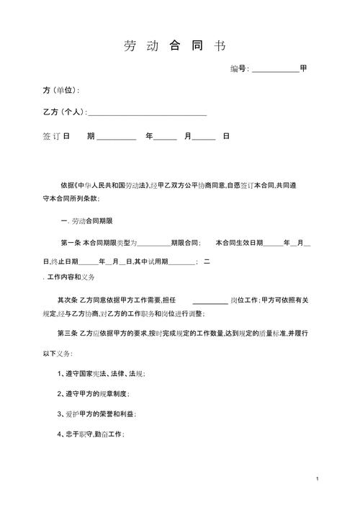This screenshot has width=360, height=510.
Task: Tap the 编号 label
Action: [x=238, y=68]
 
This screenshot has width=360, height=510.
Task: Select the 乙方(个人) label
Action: [x=64, y=112]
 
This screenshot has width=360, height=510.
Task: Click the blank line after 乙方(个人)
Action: [x=147, y=115]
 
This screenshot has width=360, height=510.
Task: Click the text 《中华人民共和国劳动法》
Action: [x=111, y=185]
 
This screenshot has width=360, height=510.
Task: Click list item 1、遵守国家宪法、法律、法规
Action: [x=102, y=374]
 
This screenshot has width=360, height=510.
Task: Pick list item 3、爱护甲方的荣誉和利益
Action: [x=96, y=414]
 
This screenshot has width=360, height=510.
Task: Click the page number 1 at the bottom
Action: [x=317, y=478]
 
